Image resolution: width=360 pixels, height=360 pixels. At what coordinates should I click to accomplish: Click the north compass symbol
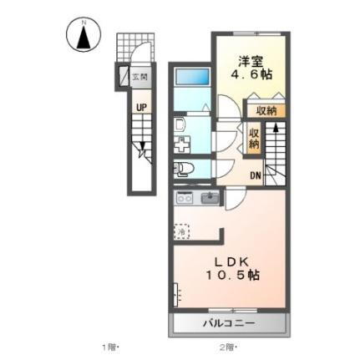[x=83, y=35]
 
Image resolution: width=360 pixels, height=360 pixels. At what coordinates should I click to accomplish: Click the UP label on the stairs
[x=143, y=108]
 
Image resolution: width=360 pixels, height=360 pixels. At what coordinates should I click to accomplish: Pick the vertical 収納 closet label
[x=254, y=139]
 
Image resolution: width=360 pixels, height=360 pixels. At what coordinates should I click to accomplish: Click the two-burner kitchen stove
[x=184, y=199]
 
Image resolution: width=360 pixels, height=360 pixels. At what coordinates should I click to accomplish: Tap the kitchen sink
[x=210, y=199]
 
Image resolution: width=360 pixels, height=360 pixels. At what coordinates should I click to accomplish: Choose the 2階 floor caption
[x=229, y=347]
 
